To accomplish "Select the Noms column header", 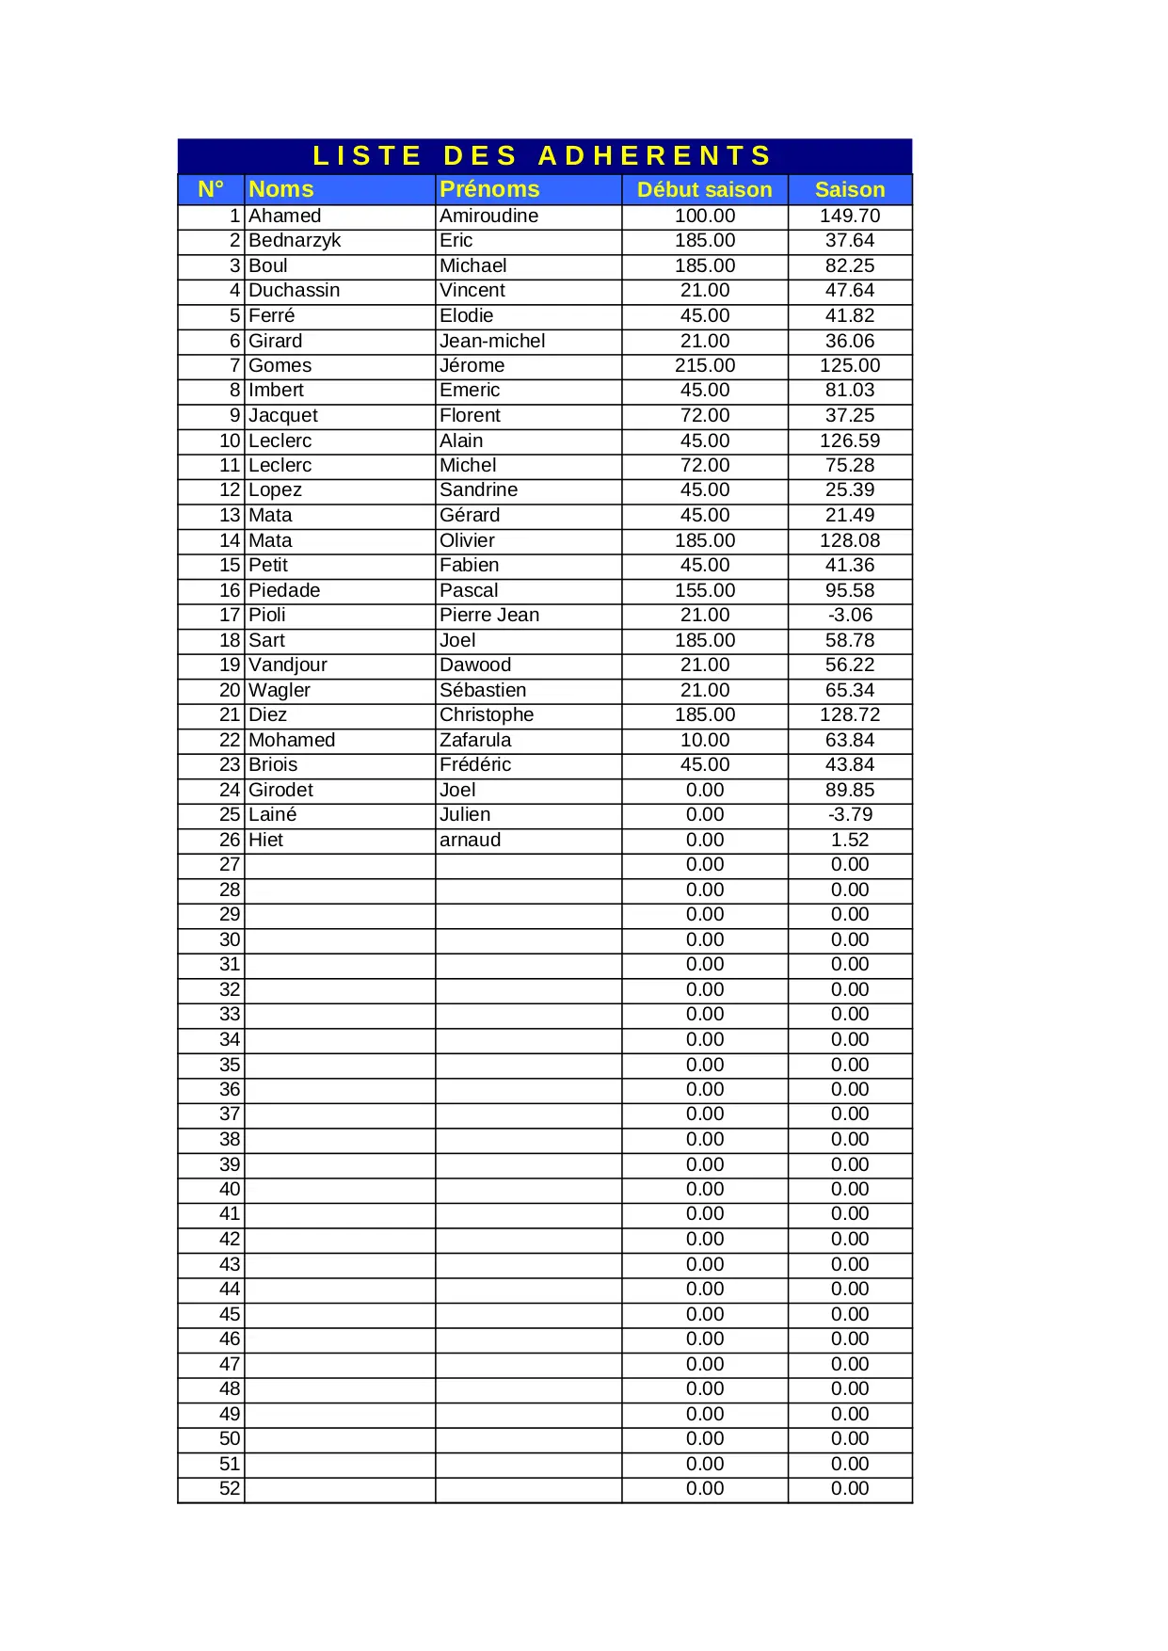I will coord(281,189).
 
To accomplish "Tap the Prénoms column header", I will coord(489,189).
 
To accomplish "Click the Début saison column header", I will coord(704,190).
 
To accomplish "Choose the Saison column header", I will coord(850,190).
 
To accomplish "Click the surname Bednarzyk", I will coord(295,241).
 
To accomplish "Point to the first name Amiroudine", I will coord(488,216).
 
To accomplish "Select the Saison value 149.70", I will coord(850,216).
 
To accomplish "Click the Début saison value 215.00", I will coord(705,365).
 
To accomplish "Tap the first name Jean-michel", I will coord(492,341).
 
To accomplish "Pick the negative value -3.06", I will coord(850,615).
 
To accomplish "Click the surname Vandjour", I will coord(288,665).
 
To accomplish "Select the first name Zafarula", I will coord(475,740).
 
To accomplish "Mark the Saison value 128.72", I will coord(850,714).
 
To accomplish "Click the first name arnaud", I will coord(470,840).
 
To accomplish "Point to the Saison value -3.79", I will coord(850,814).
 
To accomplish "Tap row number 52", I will coord(230,1488).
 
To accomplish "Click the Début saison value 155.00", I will coord(705,590).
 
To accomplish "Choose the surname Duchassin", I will coord(295,291).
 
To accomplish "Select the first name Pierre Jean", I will coord(489,615).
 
